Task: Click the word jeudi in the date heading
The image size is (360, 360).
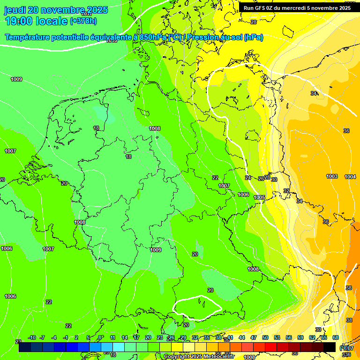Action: pyautogui.click(x=15, y=10)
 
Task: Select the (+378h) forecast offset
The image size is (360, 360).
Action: pyautogui.click(x=83, y=21)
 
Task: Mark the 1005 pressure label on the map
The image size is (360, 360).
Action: pyautogui.click(x=260, y=198)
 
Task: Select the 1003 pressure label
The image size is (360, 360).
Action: pyautogui.click(x=332, y=177)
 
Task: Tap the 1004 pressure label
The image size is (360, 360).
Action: pyautogui.click(x=350, y=177)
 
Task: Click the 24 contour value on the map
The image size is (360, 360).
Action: pyautogui.click(x=248, y=178)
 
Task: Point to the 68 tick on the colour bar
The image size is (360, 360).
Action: pyautogui.click(x=336, y=337)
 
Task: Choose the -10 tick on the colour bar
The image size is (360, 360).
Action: pyautogui.click(x=32, y=337)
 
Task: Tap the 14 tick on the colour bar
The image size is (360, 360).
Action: pyautogui.click(x=125, y=337)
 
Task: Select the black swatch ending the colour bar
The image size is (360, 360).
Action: pyautogui.click(x=330, y=347)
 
